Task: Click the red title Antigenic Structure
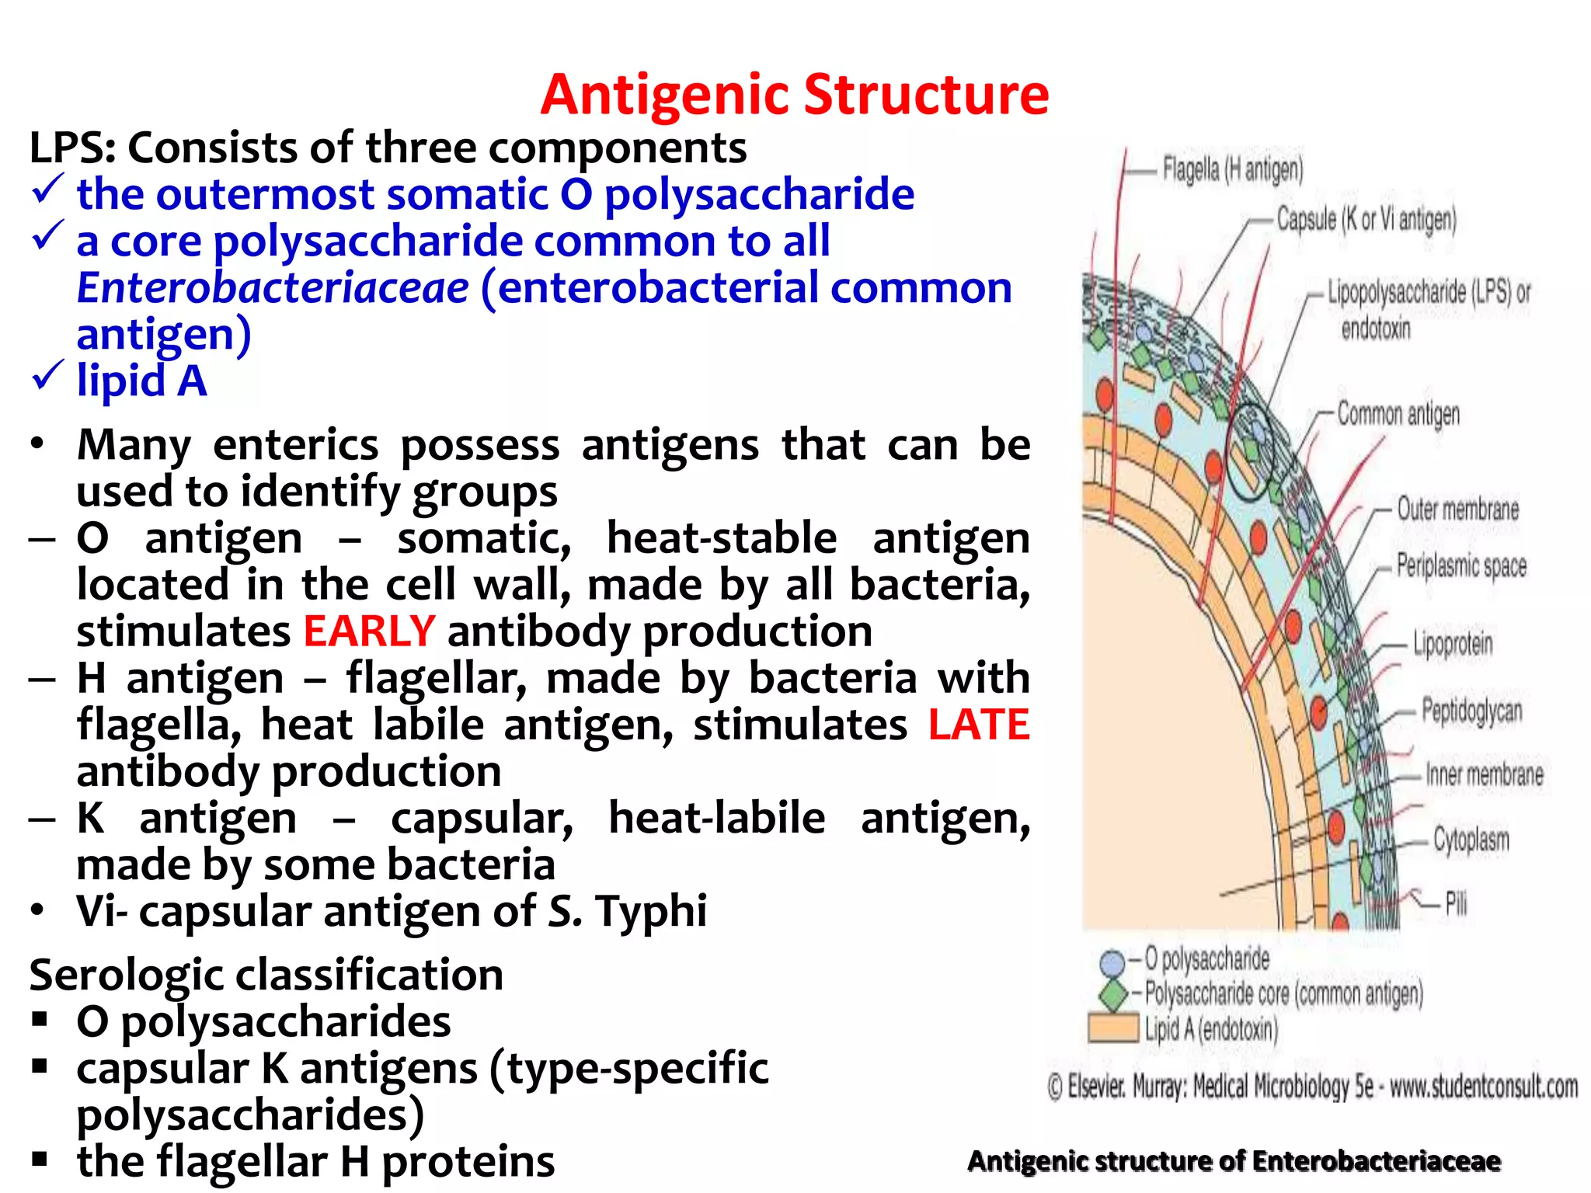tap(794, 95)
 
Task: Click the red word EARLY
tap(368, 631)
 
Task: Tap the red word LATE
tap(978, 725)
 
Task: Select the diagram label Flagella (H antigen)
tap(1232, 169)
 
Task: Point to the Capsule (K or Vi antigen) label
tap(1366, 220)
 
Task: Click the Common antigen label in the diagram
tap(1398, 414)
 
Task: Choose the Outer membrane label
tap(1457, 510)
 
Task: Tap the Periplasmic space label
tap(1460, 565)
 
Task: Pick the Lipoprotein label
tap(1452, 644)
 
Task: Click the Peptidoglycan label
tap(1471, 711)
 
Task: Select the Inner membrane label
tap(1484, 774)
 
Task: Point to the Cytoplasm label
tap(1471, 840)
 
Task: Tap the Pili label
tap(1455, 903)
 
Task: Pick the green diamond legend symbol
tap(1113, 994)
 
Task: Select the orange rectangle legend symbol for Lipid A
tap(1112, 1028)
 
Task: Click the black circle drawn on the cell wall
tap(1250, 451)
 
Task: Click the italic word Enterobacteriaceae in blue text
tap(272, 288)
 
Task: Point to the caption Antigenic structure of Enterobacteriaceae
tap(1234, 1161)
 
